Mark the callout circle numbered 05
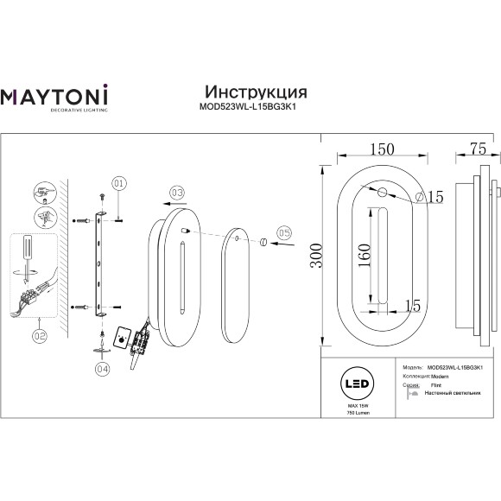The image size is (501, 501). tap(284, 232)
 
